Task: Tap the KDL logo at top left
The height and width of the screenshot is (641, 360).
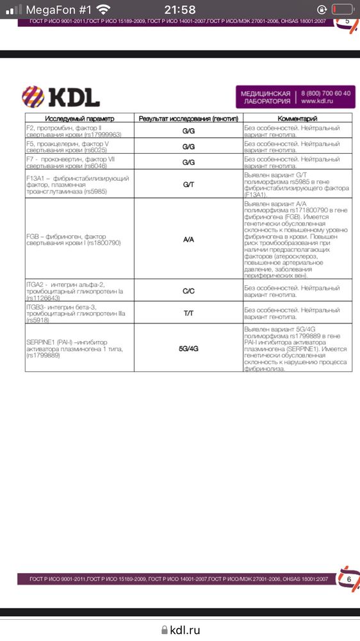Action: click(61, 96)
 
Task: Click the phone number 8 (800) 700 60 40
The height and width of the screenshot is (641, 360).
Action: click(325, 93)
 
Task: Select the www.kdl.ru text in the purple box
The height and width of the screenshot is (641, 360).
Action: click(319, 101)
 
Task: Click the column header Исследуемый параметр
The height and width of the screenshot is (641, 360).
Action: click(79, 119)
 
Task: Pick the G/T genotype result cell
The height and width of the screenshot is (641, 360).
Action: click(188, 184)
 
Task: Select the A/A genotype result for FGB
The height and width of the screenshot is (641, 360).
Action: click(188, 239)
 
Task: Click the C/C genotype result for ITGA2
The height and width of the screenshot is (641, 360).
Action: click(188, 290)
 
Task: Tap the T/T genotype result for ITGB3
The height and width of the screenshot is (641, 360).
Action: click(188, 313)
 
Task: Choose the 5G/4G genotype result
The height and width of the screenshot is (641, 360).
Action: click(188, 348)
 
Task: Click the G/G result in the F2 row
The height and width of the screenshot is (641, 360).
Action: click(188, 131)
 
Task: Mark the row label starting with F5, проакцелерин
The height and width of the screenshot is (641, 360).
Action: click(70, 147)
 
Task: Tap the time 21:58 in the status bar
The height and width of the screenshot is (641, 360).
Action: click(180, 10)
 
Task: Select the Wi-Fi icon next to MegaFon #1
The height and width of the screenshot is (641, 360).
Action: click(102, 10)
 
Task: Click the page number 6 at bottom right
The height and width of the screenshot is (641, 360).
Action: click(349, 579)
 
